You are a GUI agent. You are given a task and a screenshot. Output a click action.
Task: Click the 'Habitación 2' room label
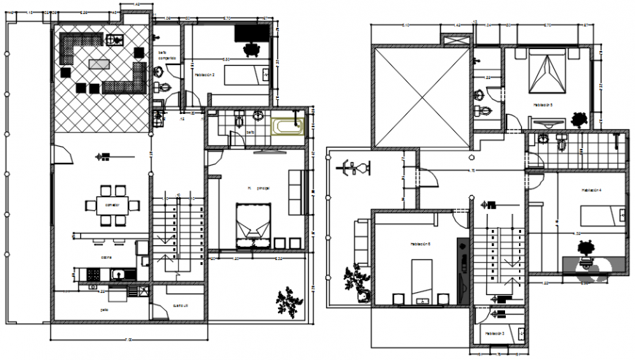coord(204,74)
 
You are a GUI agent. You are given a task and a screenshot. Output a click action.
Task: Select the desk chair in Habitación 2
coord(253,48)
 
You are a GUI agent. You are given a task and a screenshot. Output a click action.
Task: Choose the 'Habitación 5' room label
coord(542,105)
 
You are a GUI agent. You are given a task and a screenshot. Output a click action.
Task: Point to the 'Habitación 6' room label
coord(420,245)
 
